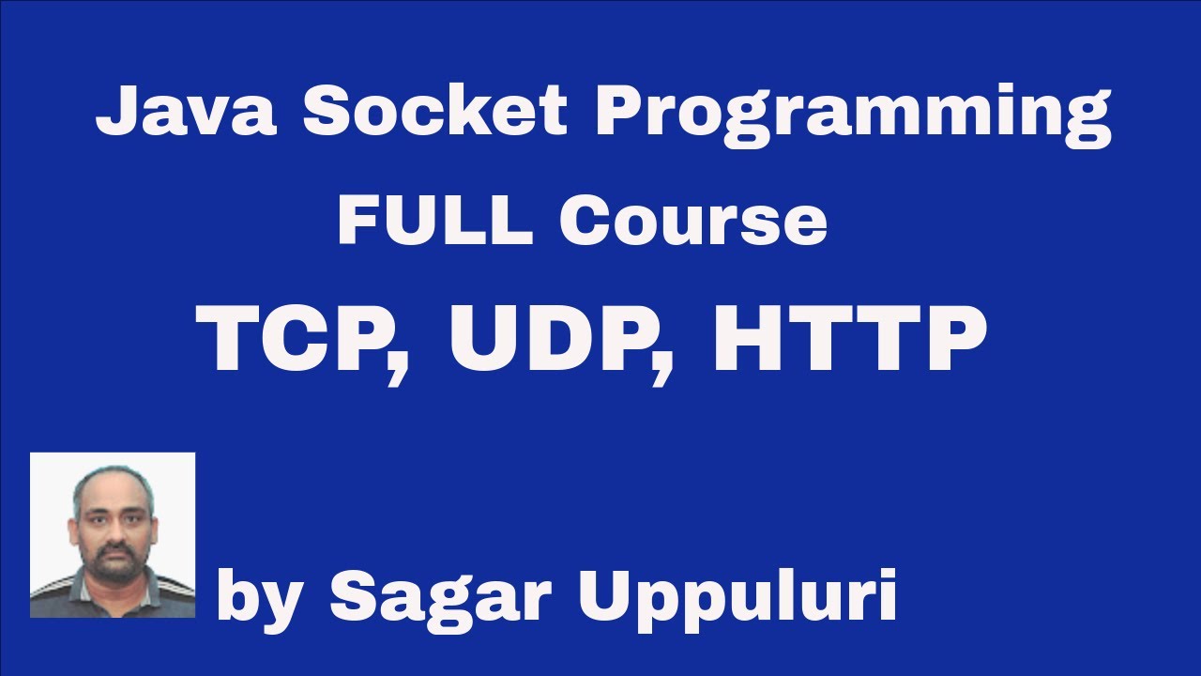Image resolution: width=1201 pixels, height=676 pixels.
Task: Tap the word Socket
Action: point(435,111)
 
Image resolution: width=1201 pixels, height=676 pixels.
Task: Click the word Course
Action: point(692,222)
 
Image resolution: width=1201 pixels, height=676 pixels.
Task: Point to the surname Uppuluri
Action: point(736,596)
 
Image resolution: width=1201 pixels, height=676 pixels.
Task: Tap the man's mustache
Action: point(114,549)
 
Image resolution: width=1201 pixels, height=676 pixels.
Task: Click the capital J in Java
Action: point(114,111)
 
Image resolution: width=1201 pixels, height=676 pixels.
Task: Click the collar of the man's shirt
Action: point(113,587)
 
